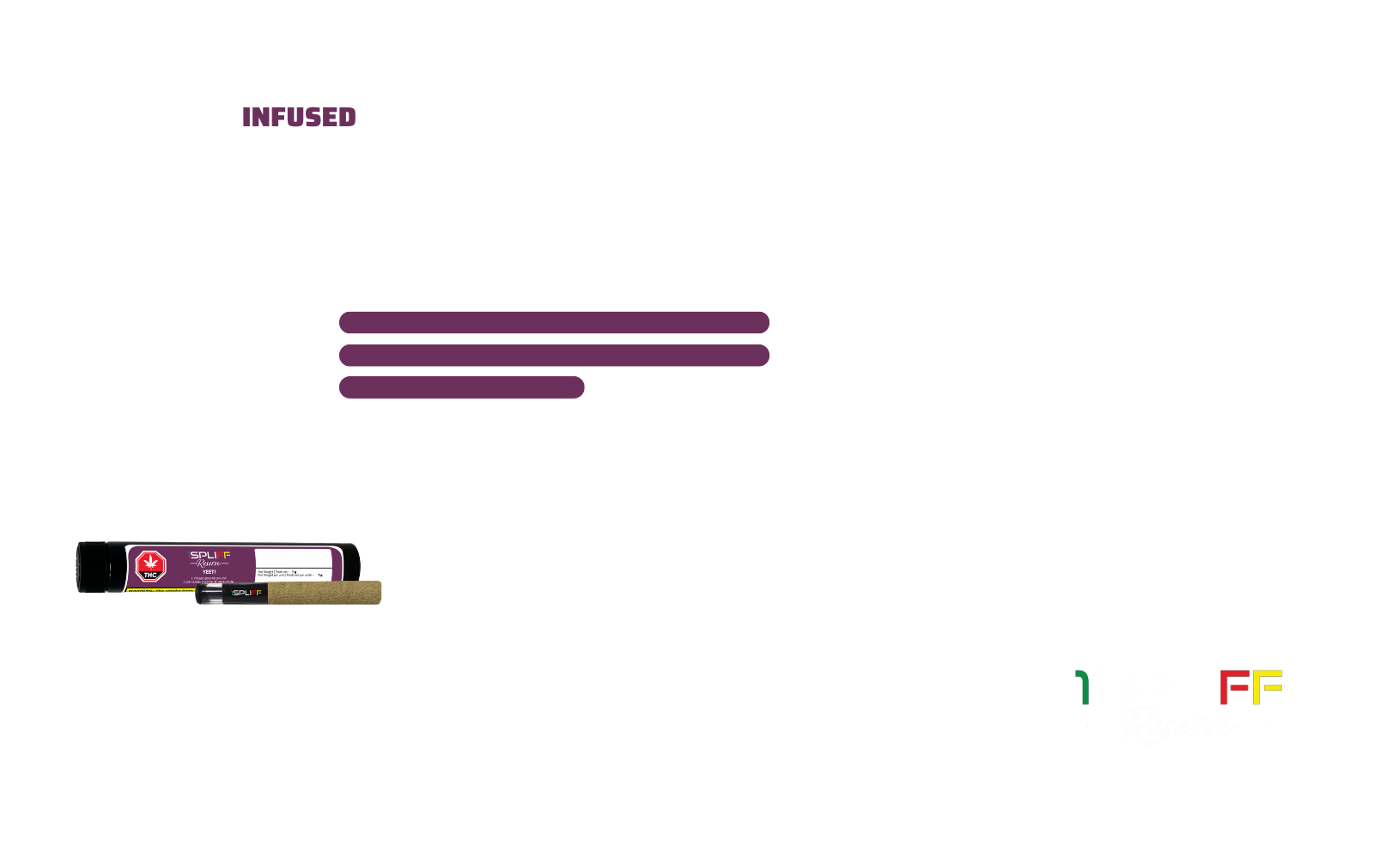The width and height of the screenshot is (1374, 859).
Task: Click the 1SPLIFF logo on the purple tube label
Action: coord(210,555)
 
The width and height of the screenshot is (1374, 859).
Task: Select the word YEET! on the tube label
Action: coord(208,572)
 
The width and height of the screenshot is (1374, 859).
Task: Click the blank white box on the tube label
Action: coord(293,557)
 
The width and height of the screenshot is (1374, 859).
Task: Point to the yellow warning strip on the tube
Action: coord(163,591)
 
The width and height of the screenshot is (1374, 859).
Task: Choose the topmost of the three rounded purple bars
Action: coord(554,323)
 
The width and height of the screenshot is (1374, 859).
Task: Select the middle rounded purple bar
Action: coord(554,355)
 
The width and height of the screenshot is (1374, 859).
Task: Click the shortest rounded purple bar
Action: coord(462,387)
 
